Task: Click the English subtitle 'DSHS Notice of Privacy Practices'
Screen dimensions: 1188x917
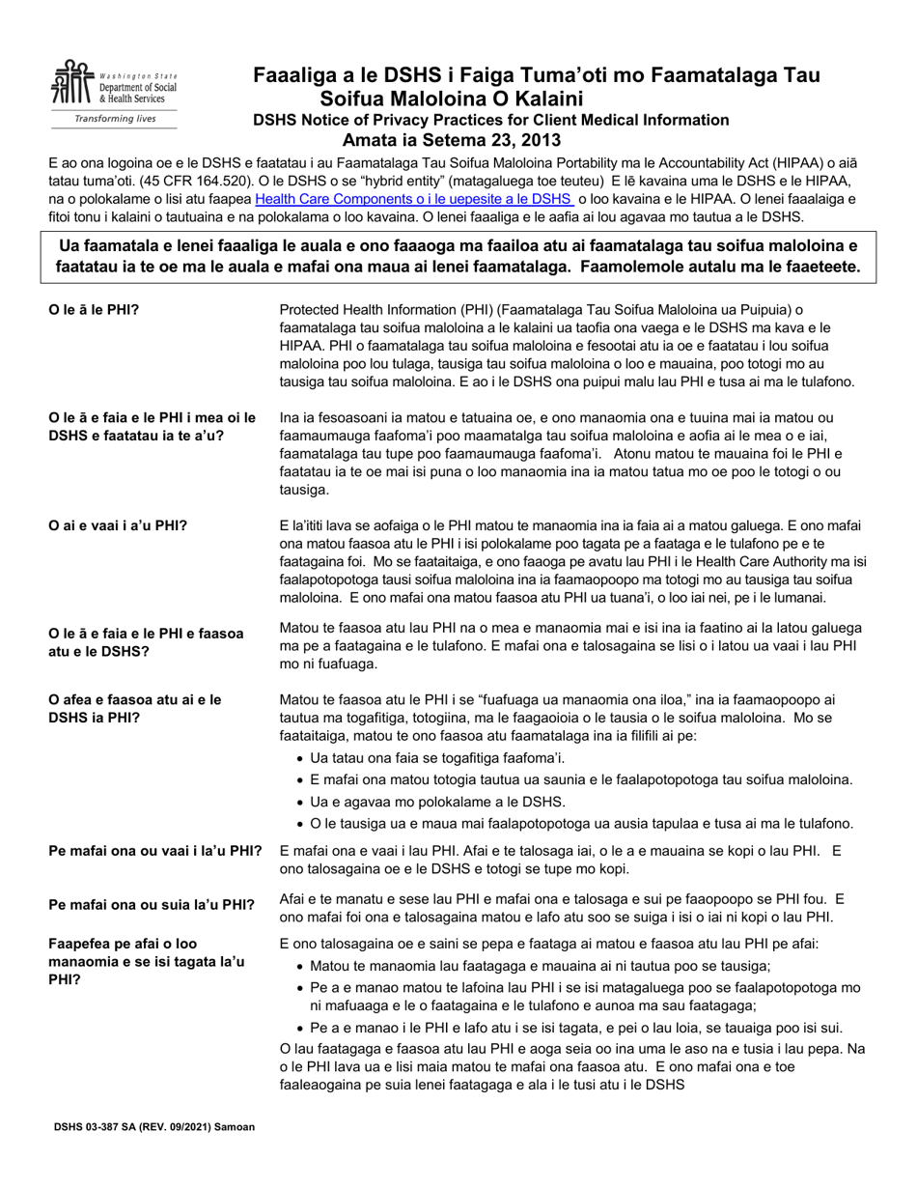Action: [x=491, y=120]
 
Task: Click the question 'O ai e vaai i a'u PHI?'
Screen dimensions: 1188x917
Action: [x=118, y=525]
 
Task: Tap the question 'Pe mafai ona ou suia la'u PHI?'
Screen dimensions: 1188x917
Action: [x=152, y=905]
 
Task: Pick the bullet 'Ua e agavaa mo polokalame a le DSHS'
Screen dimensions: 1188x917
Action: [x=436, y=802]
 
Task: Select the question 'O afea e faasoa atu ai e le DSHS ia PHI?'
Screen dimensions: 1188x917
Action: [x=134, y=707]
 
